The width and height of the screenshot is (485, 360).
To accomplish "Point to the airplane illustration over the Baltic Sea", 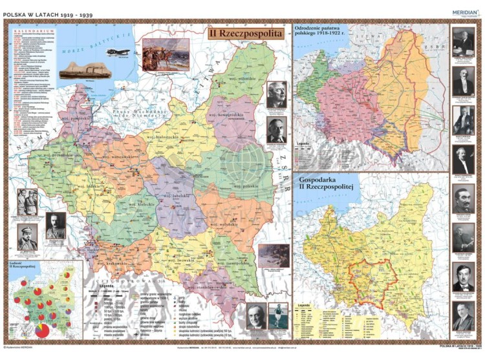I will pos(118,52).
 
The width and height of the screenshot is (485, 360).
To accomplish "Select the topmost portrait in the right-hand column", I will pos(463,43).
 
